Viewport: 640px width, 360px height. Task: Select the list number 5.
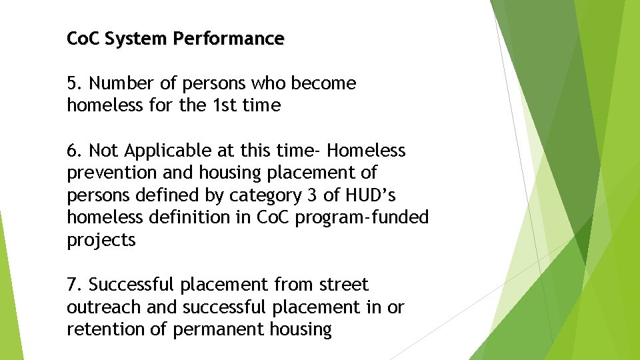pyautogui.click(x=73, y=83)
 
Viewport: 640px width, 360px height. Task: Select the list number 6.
pyautogui.click(x=73, y=151)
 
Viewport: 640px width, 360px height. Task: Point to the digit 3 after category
pyautogui.click(x=275, y=195)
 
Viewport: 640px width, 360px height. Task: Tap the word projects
pyautogui.click(x=101, y=241)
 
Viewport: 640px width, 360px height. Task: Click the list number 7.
pyautogui.click(x=73, y=285)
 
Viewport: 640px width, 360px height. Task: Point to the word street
pyautogui.click(x=343, y=285)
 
